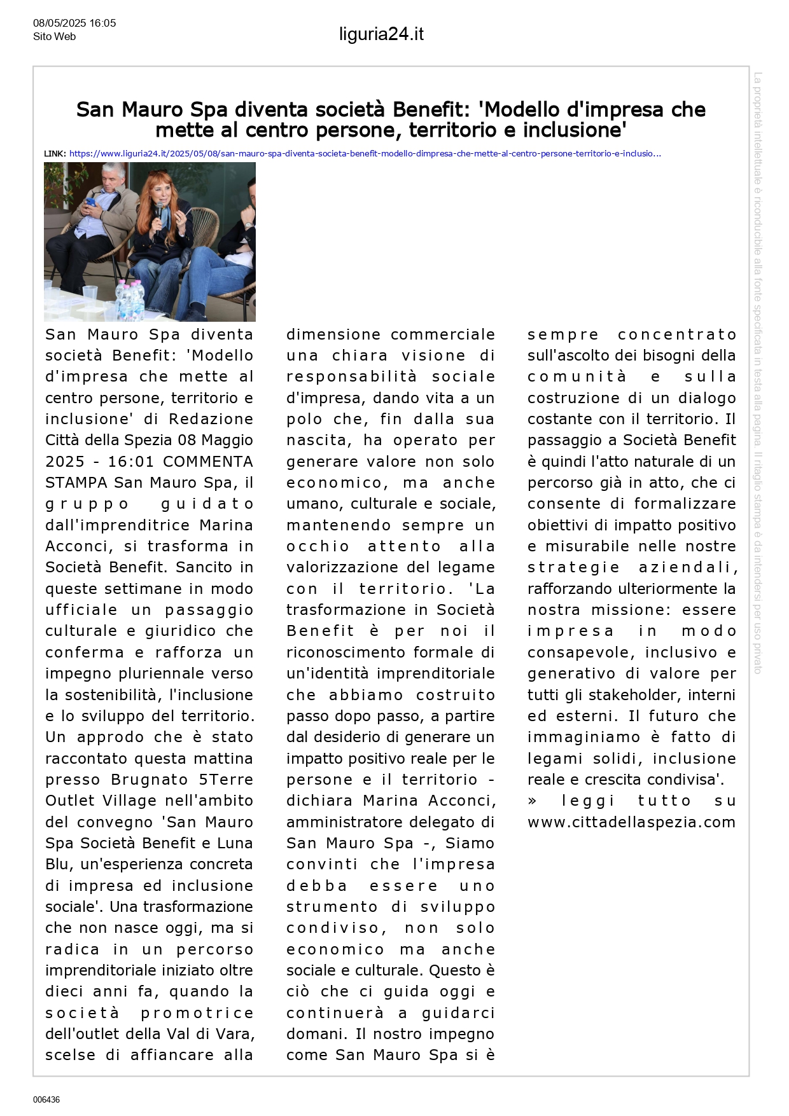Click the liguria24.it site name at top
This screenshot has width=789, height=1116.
click(x=381, y=34)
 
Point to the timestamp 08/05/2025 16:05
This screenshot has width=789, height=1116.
click(x=74, y=23)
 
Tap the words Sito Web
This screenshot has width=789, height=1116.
click(x=54, y=37)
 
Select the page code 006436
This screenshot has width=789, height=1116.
click(x=46, y=1099)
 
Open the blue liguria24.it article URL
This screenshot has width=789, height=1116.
click(x=365, y=154)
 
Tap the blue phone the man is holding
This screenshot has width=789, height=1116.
click(x=90, y=203)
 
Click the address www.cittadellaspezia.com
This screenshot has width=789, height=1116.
click(x=631, y=822)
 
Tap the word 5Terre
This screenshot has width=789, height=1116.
click(x=226, y=780)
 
